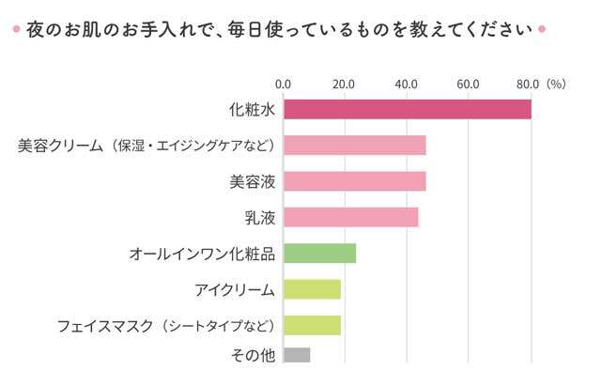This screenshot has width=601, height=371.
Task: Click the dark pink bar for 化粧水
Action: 407,109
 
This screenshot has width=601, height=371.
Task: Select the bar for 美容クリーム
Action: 354,146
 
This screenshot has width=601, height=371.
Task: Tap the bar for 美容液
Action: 354,181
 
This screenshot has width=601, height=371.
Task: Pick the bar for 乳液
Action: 350,218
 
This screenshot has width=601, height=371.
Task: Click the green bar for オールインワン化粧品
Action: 319,254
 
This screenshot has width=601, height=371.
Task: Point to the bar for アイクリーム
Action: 312,289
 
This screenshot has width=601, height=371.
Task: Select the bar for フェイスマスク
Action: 312,325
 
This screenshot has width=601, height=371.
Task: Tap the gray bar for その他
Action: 296,355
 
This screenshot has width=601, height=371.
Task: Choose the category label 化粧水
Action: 252,109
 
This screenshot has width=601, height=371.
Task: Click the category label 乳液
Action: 259,218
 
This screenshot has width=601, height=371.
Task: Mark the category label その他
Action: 252,355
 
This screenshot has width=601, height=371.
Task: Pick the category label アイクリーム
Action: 235,289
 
